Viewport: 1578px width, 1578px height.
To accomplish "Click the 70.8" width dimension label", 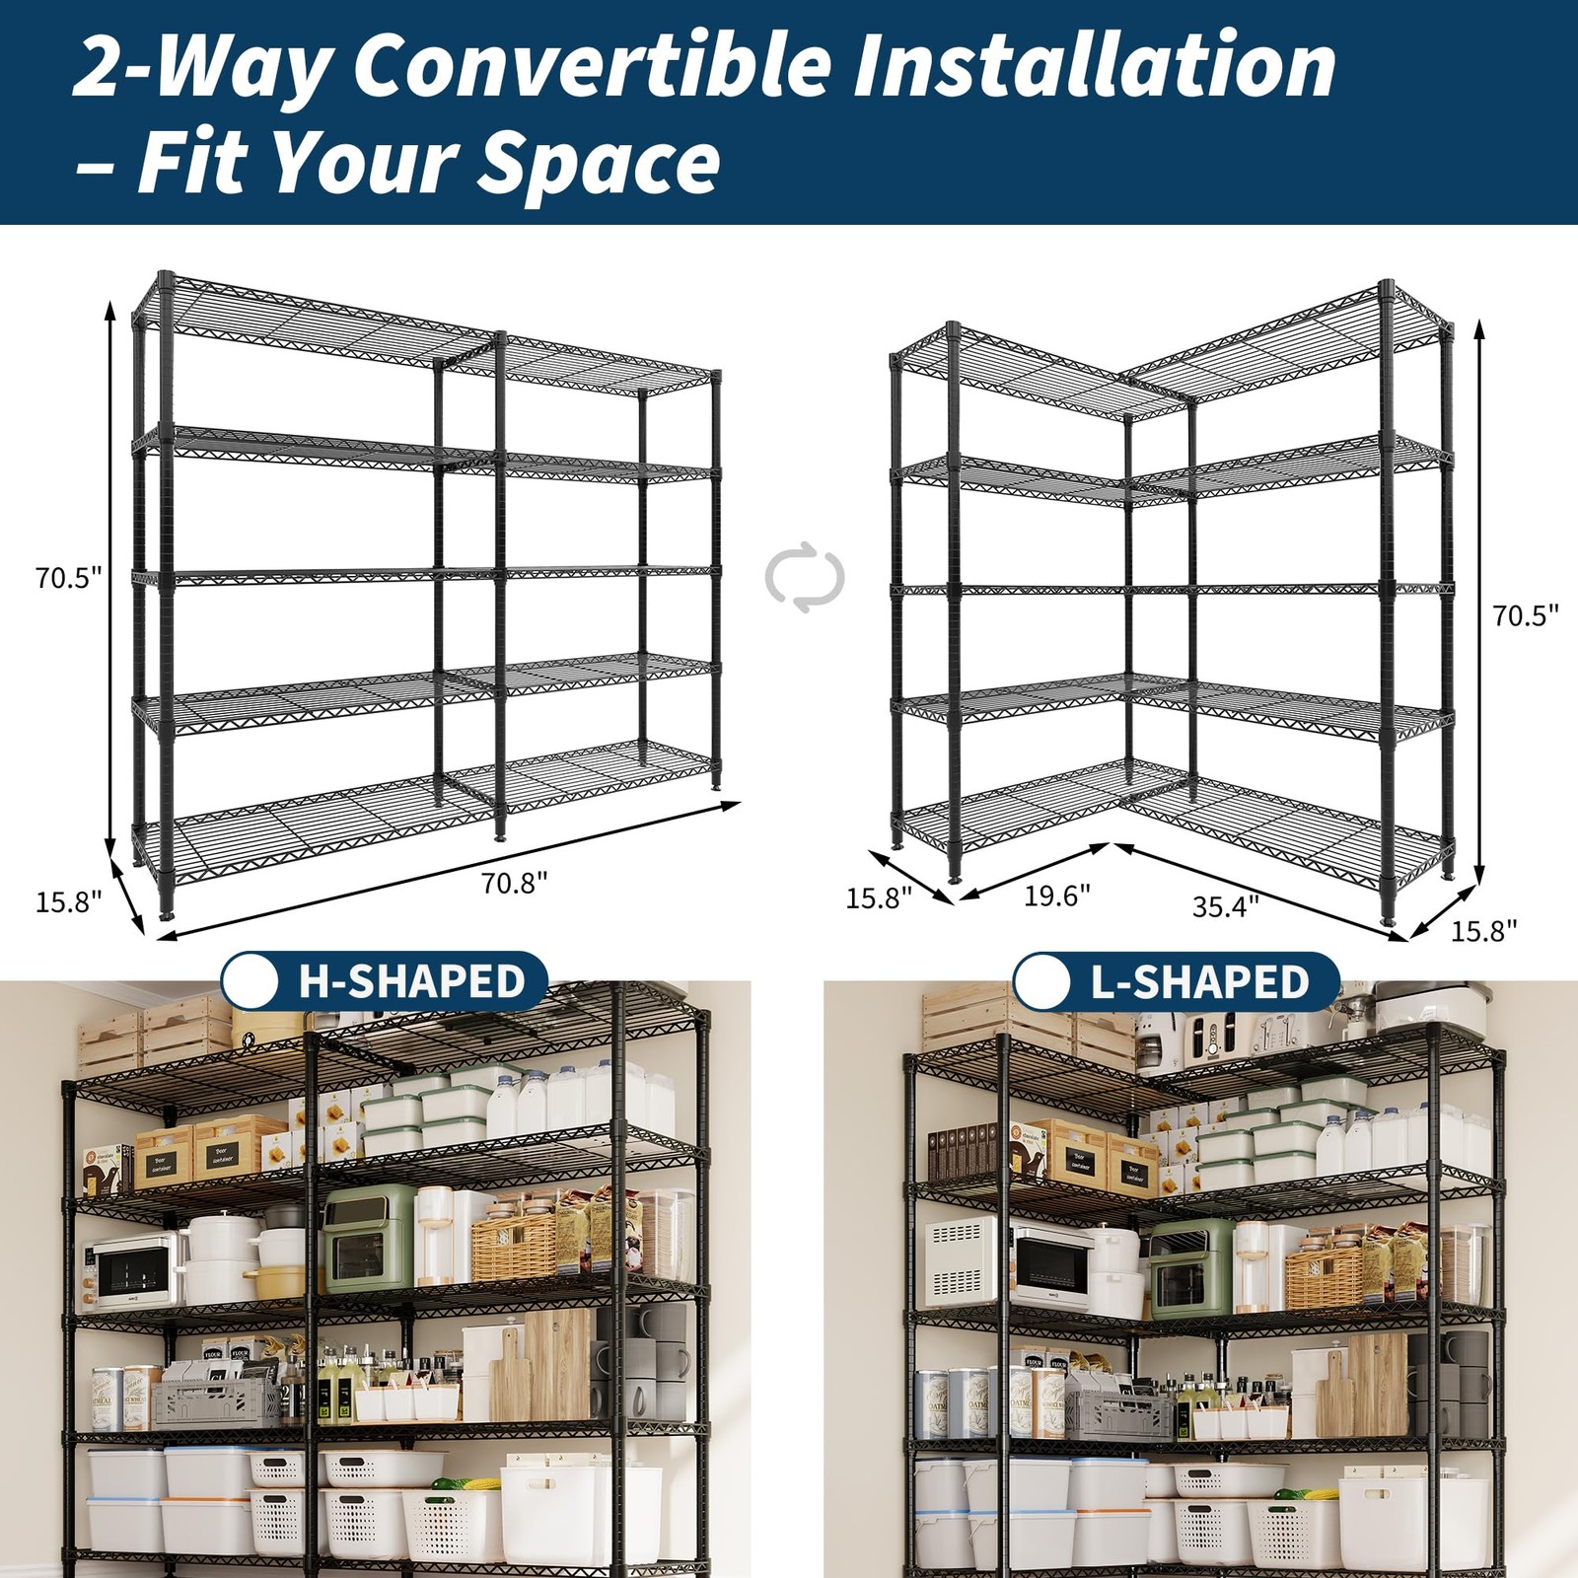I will pyautogui.click(x=514, y=883).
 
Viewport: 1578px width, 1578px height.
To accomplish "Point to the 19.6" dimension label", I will pyautogui.click(x=1056, y=896).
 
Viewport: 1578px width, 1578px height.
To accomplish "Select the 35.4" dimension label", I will pyautogui.click(x=1225, y=906).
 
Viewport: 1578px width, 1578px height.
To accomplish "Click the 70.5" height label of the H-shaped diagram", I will pyautogui.click(x=69, y=578).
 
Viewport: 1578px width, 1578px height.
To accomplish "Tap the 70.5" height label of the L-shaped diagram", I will pyautogui.click(x=1525, y=616).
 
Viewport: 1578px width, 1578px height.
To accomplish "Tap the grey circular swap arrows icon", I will pyautogui.click(x=805, y=577).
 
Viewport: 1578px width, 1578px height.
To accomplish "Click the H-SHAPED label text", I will pyautogui.click(x=411, y=982).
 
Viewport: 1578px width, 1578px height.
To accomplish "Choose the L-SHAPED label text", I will pyautogui.click(x=1199, y=982).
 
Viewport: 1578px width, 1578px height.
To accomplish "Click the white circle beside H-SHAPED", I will pyautogui.click(x=251, y=981).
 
